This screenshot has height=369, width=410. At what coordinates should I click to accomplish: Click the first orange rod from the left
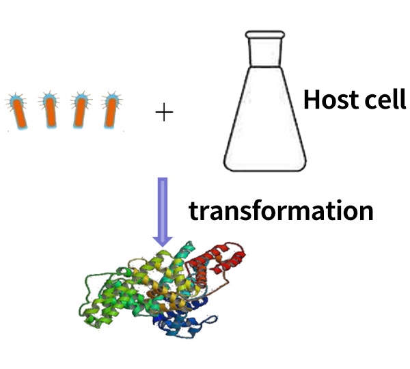19,113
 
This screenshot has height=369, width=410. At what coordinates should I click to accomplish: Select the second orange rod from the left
50,113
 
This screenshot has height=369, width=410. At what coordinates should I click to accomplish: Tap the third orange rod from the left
80,113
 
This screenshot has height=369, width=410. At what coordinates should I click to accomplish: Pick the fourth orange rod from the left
111,113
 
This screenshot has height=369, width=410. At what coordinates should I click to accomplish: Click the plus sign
164,112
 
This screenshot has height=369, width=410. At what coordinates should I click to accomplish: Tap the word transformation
281,210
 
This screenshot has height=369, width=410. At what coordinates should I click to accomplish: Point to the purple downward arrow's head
163,241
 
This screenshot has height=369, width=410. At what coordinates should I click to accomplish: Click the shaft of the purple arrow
163,207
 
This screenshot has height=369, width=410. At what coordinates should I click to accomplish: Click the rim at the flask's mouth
265,35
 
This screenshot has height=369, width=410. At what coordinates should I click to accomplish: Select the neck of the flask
265,53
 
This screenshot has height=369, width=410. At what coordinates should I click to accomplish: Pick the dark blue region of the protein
183,318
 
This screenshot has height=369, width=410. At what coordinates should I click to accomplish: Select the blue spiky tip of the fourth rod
113,99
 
